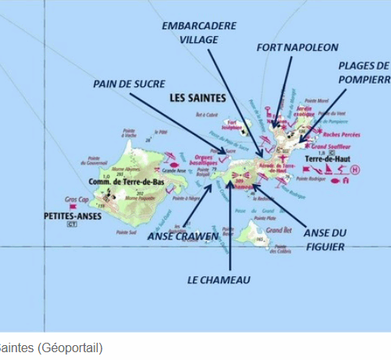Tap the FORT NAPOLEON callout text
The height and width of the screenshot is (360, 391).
[286, 47]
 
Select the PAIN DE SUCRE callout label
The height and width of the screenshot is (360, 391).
[127, 82]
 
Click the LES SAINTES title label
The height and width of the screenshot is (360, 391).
[197, 98]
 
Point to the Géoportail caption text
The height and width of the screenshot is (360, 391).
[51, 347]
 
